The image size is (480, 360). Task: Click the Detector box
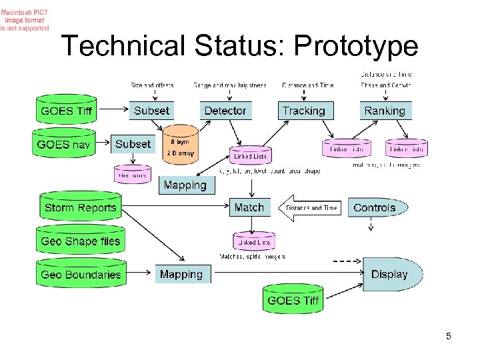point(225,111)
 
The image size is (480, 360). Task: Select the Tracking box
point(303,111)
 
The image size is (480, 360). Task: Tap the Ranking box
point(385,111)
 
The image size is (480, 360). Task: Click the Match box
point(249,207)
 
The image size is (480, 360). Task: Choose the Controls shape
point(376,207)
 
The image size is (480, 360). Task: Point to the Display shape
point(393,274)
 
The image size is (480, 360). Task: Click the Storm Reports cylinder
point(80,207)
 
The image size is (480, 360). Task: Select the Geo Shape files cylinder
point(80,241)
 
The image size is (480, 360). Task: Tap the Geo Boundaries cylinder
point(80,274)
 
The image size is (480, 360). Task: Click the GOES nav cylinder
point(65,144)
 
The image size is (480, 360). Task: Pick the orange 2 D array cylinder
point(181,147)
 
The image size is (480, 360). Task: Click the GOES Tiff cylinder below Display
point(293,300)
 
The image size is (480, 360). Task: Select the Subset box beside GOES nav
point(133,144)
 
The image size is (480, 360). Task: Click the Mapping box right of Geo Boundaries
point(181,274)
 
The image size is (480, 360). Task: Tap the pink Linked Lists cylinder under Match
point(253,242)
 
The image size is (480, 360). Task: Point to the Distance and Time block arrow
point(310,208)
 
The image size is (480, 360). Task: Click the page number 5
point(449,336)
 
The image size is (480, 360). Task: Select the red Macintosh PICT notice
point(24,21)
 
